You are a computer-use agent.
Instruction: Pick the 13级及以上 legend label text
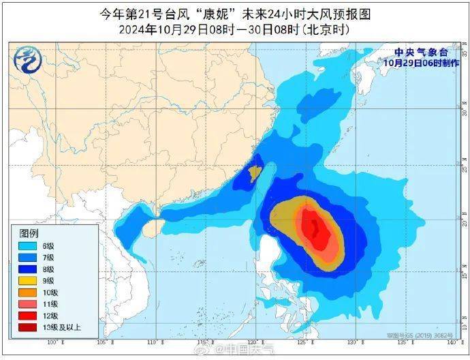63,327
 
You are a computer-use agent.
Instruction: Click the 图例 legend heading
29,233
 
